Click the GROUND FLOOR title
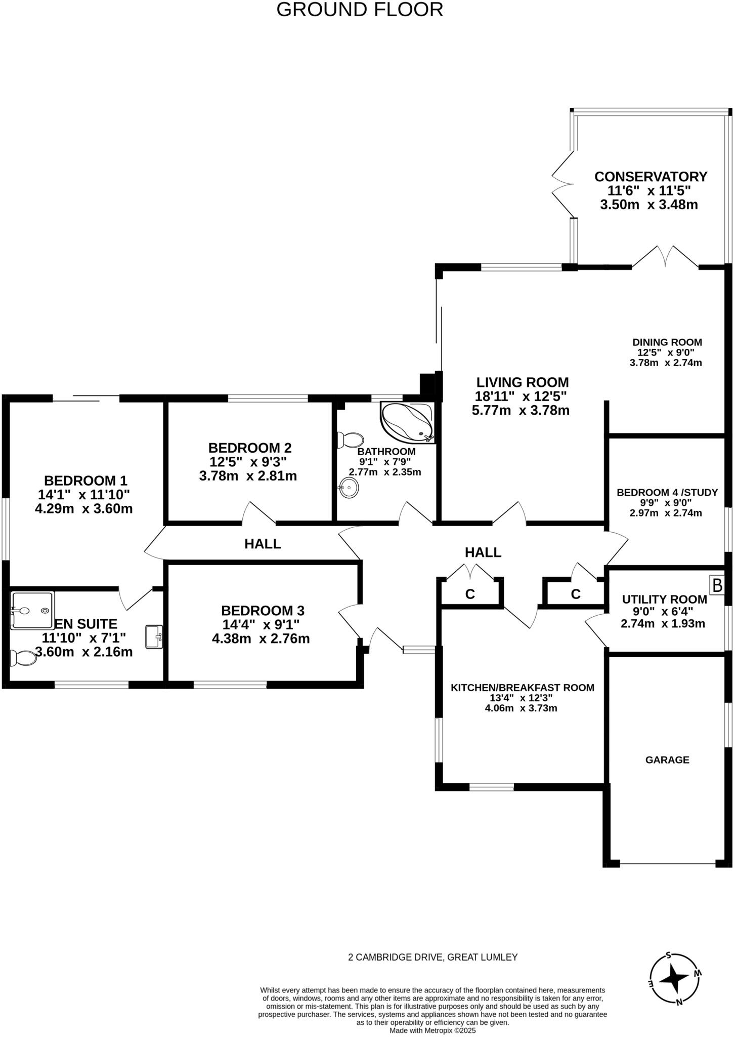point(360,10)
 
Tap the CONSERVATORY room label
point(651,177)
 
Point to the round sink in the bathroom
point(349,488)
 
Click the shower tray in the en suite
point(32,610)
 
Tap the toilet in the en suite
point(23,658)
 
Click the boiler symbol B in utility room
point(717,585)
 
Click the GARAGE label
point(667,760)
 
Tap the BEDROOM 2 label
point(250,448)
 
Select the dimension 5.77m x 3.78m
point(521,411)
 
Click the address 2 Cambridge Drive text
point(433,957)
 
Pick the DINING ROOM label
point(667,342)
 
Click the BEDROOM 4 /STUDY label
point(667,493)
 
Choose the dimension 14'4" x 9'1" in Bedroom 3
point(261,624)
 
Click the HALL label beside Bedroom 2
point(263,544)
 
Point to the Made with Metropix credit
point(433,1030)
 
